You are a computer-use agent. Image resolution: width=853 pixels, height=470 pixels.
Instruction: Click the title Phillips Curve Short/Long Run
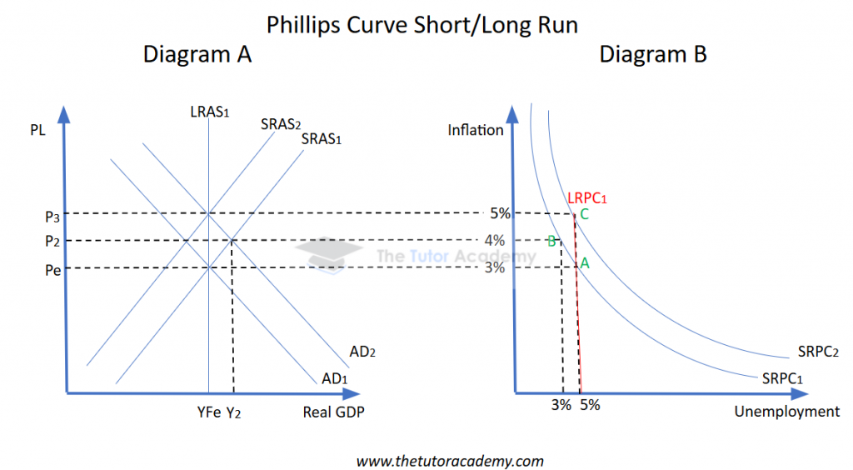click(x=422, y=24)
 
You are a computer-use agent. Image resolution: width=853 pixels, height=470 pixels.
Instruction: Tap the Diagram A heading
click(x=197, y=55)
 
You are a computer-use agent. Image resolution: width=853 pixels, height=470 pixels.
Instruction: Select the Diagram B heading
click(x=653, y=55)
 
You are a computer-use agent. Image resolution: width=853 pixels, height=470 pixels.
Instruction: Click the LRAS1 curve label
click(x=209, y=112)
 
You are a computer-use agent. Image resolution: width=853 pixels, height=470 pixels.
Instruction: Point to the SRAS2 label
click(x=280, y=124)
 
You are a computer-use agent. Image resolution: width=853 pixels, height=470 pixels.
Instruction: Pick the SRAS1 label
click(x=322, y=138)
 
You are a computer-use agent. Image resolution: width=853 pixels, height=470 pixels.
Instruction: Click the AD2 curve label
click(x=363, y=352)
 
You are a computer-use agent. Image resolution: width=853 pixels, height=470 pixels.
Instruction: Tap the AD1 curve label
click(x=335, y=378)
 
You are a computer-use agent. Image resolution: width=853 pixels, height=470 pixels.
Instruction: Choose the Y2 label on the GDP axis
click(x=235, y=412)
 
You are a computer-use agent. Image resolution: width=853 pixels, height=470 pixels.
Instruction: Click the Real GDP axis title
click(x=334, y=412)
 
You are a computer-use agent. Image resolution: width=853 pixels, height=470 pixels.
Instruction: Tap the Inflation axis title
click(x=476, y=129)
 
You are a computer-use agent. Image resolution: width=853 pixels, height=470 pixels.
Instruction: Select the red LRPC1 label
click(x=586, y=197)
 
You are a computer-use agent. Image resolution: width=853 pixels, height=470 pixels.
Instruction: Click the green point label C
click(x=585, y=214)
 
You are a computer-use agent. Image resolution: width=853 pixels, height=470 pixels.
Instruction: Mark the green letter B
click(x=551, y=242)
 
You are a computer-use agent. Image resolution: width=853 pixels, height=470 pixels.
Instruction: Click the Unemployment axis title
click(x=787, y=412)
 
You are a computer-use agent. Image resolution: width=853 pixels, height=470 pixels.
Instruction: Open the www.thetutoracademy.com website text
click(x=450, y=460)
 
